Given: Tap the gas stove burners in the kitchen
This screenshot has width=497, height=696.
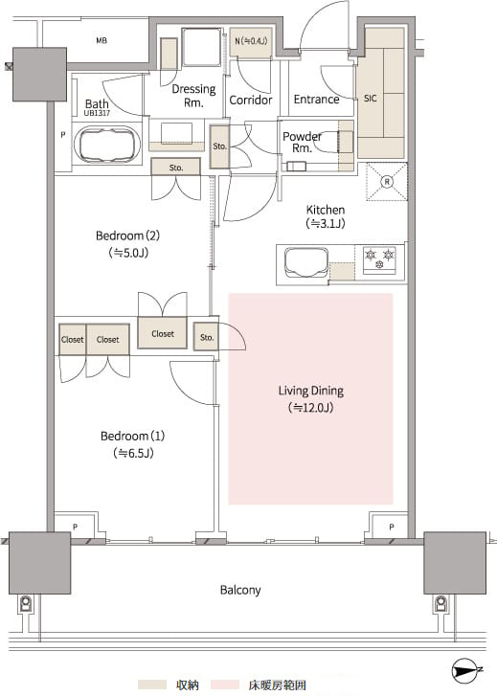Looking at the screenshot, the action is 380,258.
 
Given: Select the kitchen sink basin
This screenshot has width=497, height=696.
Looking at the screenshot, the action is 306,262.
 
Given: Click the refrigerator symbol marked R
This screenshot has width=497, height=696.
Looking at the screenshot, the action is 387,182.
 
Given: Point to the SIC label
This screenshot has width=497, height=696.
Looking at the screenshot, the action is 370,99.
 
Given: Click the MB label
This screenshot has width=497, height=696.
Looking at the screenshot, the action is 102,40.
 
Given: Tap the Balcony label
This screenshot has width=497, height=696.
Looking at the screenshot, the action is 240,590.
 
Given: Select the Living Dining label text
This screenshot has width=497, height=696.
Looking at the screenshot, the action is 311,391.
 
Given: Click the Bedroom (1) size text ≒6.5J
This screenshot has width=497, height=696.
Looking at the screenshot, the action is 133,453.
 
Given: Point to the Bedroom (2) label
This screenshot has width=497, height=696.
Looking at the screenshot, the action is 127,236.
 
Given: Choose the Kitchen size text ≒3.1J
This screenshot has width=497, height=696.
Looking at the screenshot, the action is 326,224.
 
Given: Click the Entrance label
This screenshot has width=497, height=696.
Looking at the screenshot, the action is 316,99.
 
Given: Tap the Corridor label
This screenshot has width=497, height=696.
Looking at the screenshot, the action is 251,100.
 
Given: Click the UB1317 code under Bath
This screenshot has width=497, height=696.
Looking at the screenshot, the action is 97,113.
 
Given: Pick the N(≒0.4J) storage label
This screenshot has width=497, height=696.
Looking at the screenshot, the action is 251,41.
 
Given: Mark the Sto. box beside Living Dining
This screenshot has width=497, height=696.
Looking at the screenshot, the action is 207,337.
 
